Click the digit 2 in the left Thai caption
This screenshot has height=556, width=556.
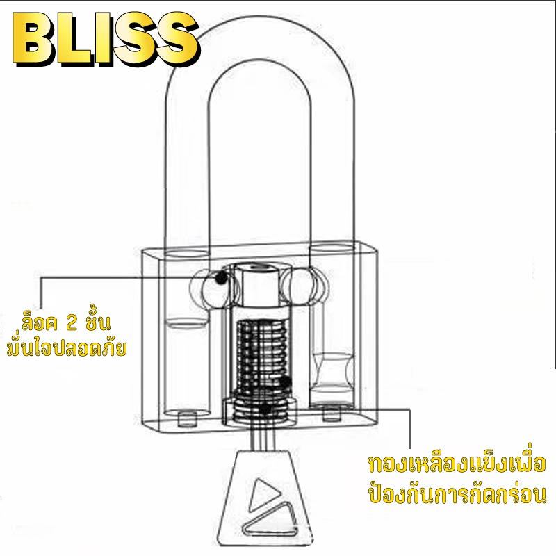(72, 323)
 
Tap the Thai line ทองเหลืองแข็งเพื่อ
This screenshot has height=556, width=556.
(456, 464)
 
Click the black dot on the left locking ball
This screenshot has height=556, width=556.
(221, 277)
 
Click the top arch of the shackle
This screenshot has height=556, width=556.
(259, 38)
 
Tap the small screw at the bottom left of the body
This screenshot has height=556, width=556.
(187, 419)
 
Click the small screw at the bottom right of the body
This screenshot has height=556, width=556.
(332, 414)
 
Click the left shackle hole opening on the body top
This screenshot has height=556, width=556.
(186, 254)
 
